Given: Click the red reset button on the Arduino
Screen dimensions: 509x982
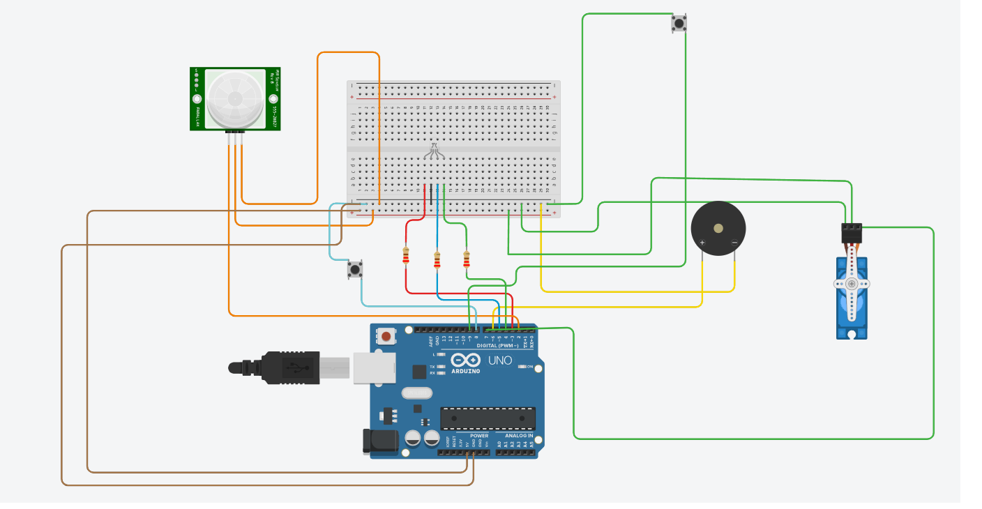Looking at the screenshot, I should (386, 337).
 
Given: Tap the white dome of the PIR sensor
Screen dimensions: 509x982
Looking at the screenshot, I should (235, 98).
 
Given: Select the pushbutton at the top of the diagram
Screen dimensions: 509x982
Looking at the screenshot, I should (679, 24).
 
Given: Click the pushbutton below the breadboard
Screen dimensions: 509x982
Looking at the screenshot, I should (355, 269).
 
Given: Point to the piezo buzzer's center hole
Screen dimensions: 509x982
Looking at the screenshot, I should (718, 228).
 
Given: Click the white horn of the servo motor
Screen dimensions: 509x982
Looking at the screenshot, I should (852, 284).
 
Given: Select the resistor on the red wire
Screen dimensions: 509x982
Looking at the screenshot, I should (406, 257).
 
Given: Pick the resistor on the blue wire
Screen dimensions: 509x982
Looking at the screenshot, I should (437, 260).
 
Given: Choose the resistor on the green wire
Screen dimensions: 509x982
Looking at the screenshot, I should (467, 260).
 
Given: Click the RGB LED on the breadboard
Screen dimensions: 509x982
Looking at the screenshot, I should (434, 150).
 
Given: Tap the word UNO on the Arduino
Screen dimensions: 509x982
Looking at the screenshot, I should (500, 360).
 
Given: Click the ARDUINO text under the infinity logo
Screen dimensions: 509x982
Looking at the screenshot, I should (465, 371).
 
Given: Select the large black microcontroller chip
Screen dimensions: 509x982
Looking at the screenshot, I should (488, 418).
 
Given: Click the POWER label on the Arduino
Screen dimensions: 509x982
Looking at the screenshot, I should (479, 435).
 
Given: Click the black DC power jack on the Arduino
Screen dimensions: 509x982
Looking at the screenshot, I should (379, 442).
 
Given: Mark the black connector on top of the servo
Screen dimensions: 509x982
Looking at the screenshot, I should (852, 231).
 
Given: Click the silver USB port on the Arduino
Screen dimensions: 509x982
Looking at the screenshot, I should (373, 367).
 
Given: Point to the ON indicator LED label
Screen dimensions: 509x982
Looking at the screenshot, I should (530, 366).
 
